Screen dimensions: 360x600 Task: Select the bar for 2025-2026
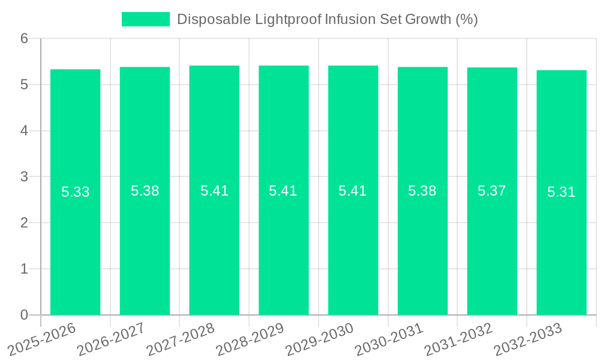[x=75, y=192]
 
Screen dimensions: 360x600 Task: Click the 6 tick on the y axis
[x=25, y=39]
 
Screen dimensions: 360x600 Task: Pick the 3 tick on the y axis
[x=25, y=177]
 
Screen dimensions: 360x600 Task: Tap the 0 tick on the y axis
[x=25, y=315]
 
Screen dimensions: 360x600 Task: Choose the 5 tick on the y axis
[x=25, y=85]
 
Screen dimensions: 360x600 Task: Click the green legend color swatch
[x=146, y=19]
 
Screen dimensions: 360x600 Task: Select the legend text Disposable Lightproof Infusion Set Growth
[x=327, y=19]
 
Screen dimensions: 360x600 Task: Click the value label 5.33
[x=76, y=193]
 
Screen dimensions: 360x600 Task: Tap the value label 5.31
[x=562, y=193]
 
